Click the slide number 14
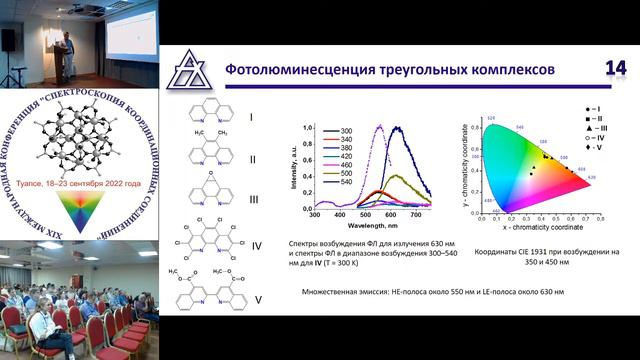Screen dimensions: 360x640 point(613,68)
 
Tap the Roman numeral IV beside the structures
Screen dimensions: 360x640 point(256,244)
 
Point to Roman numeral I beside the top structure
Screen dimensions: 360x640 point(251,117)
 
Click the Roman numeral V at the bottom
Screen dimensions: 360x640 point(257,297)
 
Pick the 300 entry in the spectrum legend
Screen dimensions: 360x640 point(346,131)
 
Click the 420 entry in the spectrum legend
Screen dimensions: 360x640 point(346,158)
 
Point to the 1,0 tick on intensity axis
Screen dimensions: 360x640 point(307,129)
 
